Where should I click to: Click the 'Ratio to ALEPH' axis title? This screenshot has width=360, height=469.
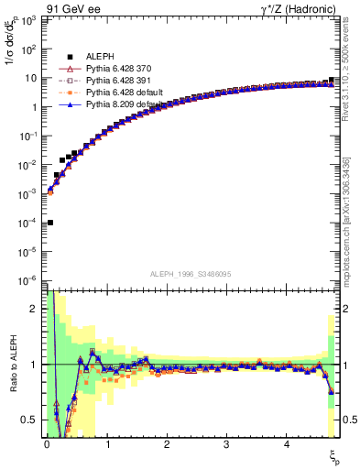(11, 364)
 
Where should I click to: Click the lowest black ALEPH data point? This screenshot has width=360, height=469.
(49, 223)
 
